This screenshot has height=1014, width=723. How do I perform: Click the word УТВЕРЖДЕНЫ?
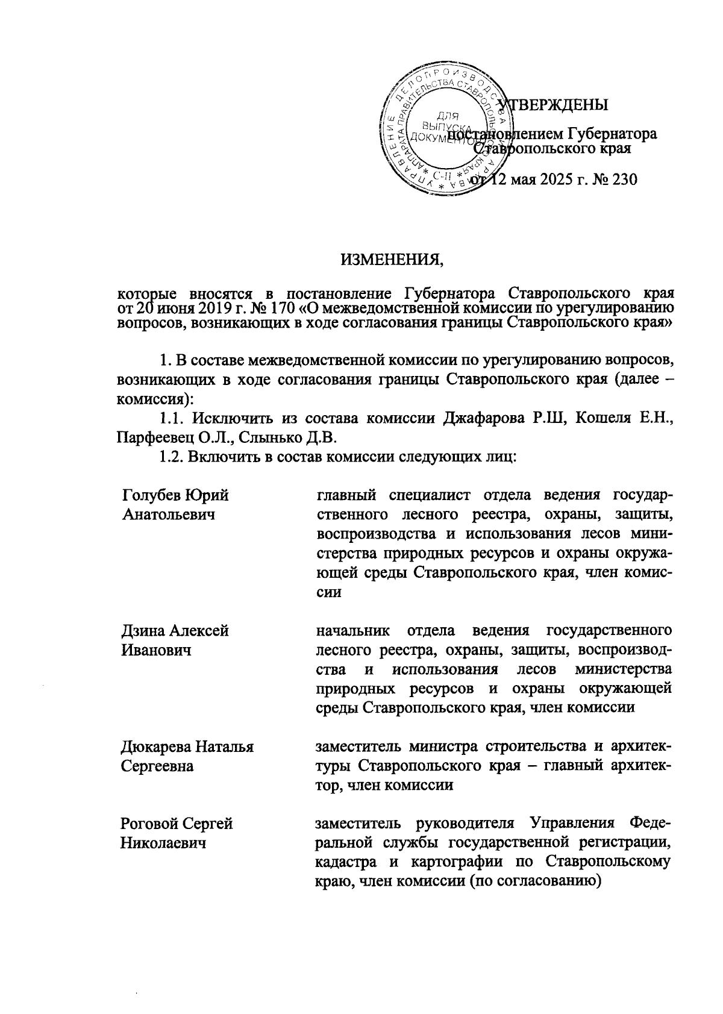(x=557, y=105)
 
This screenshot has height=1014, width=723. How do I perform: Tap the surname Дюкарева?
(x=155, y=746)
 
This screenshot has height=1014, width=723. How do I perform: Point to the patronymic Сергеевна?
(x=157, y=766)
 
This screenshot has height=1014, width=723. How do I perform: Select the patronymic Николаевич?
(x=163, y=843)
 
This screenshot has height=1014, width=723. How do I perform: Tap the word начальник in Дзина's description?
(x=353, y=630)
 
